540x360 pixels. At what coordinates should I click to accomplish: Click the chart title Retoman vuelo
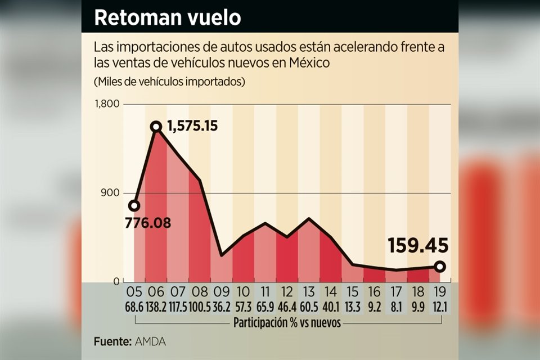(x=167, y=17)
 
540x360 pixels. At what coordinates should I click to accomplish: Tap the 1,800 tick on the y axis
(x=107, y=104)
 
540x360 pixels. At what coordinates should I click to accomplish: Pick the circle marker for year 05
(x=134, y=205)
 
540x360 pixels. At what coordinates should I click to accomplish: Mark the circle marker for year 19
(x=439, y=267)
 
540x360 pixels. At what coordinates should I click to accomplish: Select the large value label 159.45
(x=418, y=246)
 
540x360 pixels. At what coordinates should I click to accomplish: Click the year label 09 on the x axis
(x=222, y=292)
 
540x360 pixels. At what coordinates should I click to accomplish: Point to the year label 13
(x=309, y=292)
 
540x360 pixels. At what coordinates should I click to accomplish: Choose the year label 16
(x=374, y=292)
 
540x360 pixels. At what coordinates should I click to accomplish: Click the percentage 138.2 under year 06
(x=156, y=307)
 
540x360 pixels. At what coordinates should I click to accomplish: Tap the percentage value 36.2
(x=222, y=307)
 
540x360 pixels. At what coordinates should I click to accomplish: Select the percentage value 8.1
(x=396, y=307)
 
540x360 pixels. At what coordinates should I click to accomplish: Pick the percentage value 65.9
(x=265, y=307)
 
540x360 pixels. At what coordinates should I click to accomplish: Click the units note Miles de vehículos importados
(x=170, y=82)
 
